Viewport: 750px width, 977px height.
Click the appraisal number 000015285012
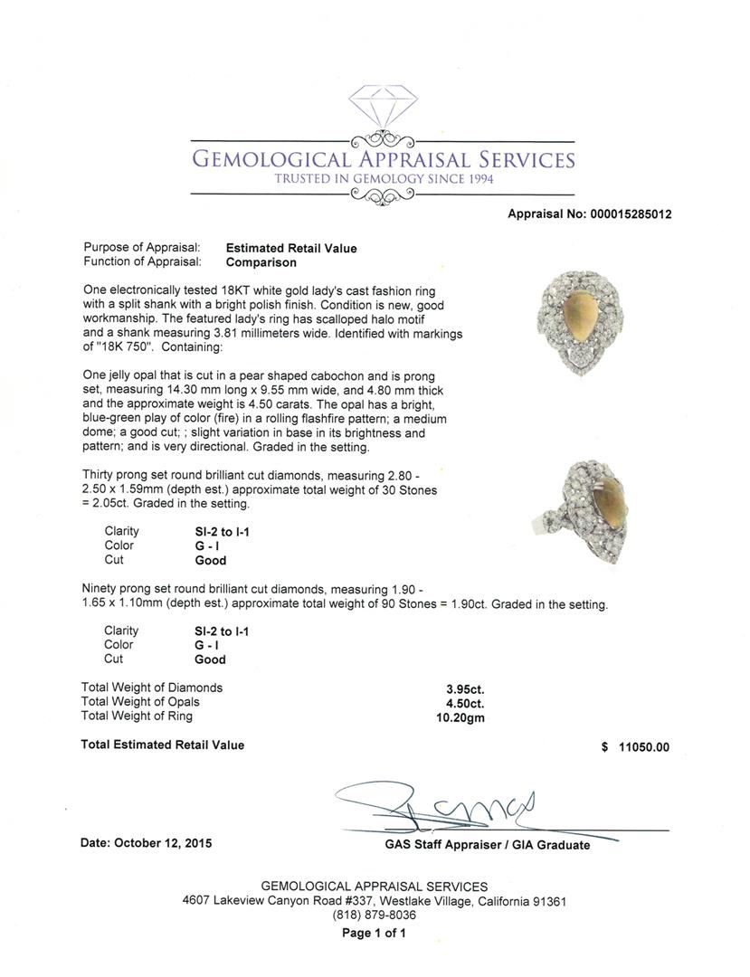[631, 214]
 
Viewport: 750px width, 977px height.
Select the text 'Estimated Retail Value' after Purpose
[291, 248]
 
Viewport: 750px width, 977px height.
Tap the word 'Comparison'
[261, 262]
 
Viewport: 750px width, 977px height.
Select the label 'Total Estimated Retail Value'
[163, 745]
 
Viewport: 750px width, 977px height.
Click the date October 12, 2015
[147, 842]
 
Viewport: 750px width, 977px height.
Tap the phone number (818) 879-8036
[375, 915]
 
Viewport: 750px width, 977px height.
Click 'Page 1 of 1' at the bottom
[375, 933]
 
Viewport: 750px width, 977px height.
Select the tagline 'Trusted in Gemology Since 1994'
[384, 179]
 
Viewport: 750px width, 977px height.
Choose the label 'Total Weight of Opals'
[140, 702]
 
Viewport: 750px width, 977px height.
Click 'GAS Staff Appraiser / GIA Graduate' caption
[487, 845]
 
